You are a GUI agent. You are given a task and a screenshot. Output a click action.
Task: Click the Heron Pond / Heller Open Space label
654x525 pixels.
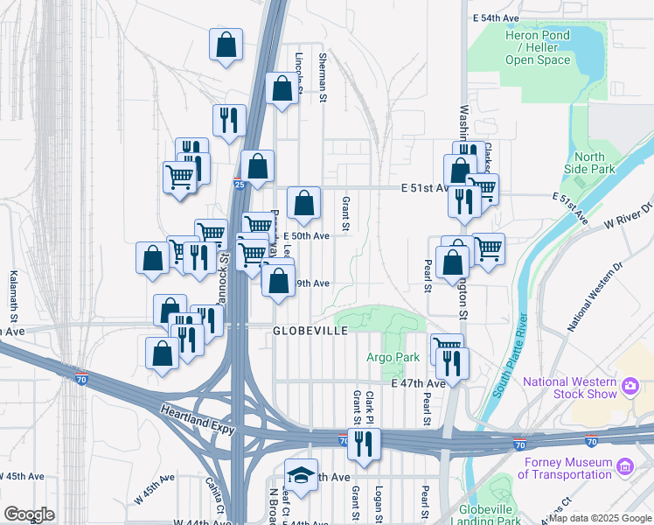point(538,47)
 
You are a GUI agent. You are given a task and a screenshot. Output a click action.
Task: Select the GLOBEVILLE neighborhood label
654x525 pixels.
point(310,331)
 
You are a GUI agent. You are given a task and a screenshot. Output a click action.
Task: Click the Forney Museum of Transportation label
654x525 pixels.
point(564,468)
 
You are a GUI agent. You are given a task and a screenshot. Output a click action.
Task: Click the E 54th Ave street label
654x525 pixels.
point(496,17)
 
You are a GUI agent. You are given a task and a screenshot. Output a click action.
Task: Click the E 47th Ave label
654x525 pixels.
point(418,383)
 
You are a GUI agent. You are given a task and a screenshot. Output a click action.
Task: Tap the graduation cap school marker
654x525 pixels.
point(301,473)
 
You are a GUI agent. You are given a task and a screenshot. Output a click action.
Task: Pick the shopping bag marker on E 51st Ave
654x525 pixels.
point(303,203)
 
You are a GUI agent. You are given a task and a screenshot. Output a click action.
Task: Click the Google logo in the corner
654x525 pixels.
point(29,514)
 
